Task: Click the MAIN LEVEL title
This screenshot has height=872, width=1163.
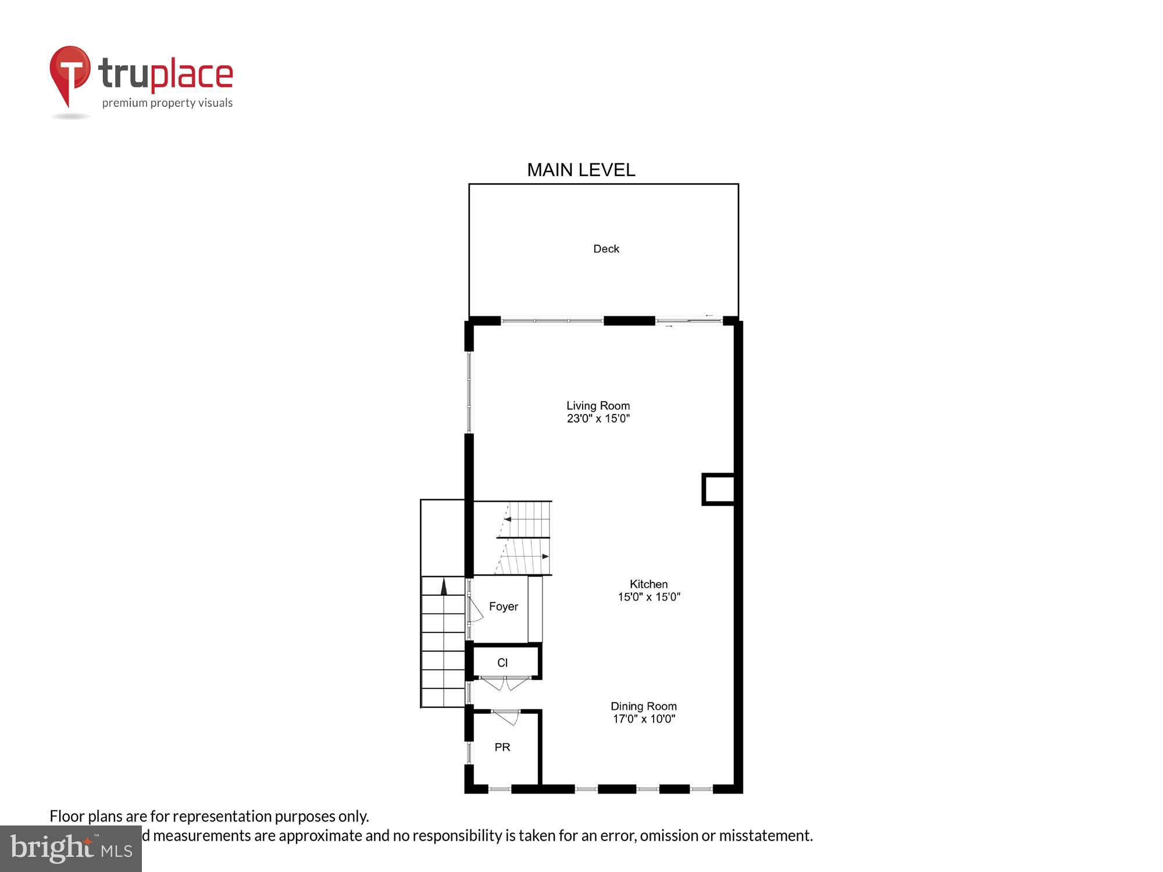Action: coord(581,170)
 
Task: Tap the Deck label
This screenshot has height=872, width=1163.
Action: coord(606,249)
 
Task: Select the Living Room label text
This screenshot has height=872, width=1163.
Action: coord(598,406)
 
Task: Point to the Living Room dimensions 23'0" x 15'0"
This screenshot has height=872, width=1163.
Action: coord(598,419)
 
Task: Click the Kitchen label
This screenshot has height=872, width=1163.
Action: coord(648,584)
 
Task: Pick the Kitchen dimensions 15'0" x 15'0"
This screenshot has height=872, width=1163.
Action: coord(648,597)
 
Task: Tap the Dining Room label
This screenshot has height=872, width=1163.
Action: coord(643,706)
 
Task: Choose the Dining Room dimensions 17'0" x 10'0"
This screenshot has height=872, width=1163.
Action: coord(643,719)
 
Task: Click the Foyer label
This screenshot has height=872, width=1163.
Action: coord(503,607)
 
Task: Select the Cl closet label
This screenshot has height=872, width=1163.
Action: coord(502,663)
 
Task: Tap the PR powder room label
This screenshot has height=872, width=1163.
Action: coord(502,748)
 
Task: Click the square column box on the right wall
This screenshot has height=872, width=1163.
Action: coord(719,489)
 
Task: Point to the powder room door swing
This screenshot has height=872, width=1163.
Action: coord(506,717)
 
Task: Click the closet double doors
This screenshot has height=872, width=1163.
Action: coord(505,683)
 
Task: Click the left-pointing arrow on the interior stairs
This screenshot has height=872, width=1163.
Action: coord(508,519)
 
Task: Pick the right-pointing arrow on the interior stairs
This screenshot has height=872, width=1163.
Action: coord(545,557)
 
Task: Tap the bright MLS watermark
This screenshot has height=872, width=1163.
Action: coord(71,849)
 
